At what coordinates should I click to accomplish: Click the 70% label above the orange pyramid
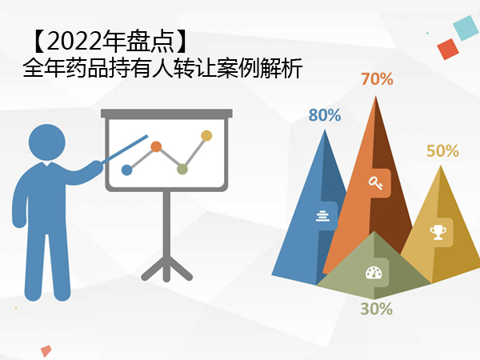377,79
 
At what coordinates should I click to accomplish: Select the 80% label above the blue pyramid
325,115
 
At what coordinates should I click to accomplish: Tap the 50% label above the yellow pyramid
442,151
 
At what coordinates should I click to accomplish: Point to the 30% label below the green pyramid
376,309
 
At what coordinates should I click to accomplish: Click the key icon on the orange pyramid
375,182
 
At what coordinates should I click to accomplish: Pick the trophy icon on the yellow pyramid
438,232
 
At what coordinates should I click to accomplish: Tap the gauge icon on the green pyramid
374,273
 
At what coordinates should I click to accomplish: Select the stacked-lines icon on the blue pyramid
322,216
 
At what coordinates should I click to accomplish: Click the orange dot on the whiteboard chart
156,146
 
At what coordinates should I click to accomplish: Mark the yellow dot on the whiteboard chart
206,136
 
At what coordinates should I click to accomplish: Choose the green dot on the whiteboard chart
182,170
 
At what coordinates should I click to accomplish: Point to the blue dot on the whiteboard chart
126,170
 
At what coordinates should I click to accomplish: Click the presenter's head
47,142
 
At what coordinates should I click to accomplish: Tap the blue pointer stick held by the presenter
125,149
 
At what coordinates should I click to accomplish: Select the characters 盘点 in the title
150,42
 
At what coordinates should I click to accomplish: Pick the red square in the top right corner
448,49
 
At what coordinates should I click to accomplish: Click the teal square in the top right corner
466,28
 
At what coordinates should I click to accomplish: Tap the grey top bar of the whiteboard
166,114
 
